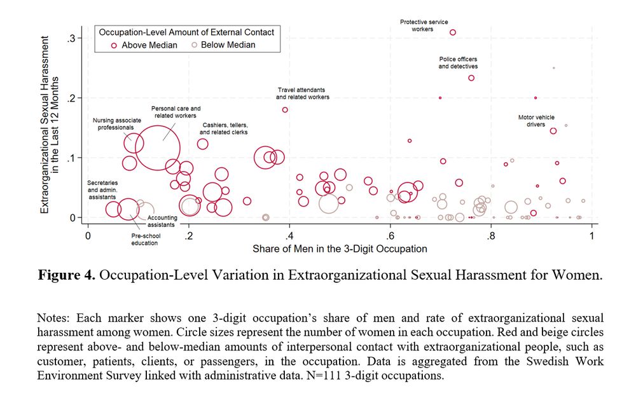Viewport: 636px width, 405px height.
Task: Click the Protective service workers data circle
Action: [x=453, y=32]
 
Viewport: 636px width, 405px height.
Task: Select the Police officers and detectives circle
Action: [x=471, y=78]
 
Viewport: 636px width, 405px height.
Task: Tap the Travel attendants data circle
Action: [x=285, y=109]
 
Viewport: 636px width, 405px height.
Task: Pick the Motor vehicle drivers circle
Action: [x=553, y=131]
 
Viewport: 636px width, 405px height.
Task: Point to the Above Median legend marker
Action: [x=114, y=45]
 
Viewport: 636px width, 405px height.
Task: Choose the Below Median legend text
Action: [x=228, y=45]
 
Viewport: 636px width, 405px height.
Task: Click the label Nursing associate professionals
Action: [x=116, y=123]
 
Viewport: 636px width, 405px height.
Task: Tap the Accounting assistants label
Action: [x=162, y=221]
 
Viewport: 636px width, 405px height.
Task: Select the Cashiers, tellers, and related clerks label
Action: [x=224, y=128]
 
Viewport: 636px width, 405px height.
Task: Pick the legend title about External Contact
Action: [x=184, y=32]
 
